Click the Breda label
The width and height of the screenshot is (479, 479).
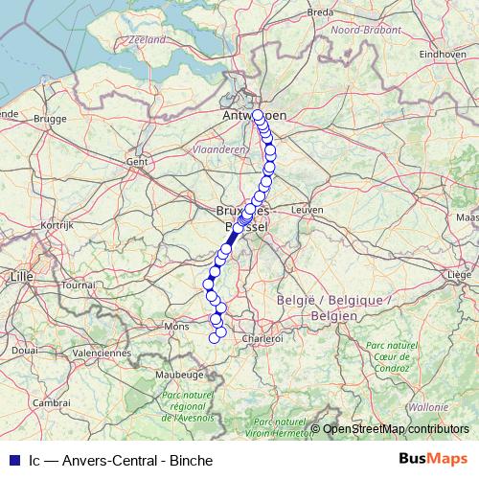pos(321,12)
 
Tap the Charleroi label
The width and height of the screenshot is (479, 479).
pos(263,338)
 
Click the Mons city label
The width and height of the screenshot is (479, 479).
pos(177,327)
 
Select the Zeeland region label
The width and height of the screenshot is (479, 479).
pos(147,40)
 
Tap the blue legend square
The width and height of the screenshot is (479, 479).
pos(12,460)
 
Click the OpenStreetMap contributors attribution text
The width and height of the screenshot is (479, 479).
pos(396,428)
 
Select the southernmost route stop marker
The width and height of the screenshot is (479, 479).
pos(215,337)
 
